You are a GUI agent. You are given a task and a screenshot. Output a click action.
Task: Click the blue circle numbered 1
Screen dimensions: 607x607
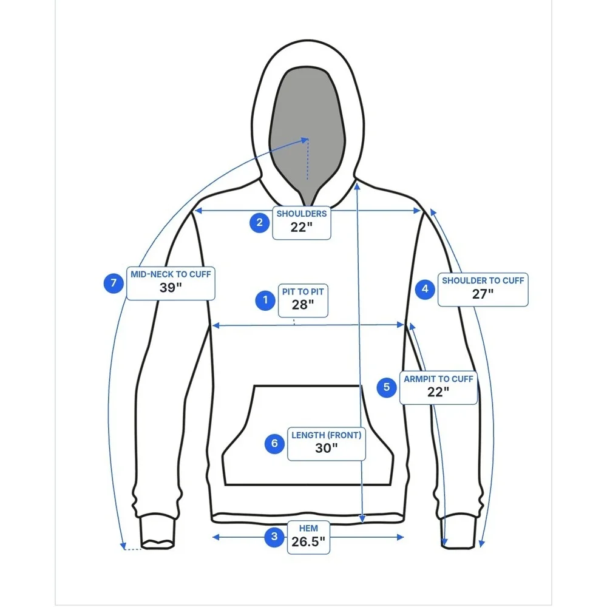(x=265, y=300)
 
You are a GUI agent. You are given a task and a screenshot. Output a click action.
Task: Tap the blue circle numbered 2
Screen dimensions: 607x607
(x=259, y=223)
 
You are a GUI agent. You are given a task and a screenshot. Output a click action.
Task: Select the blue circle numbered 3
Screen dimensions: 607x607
(x=274, y=537)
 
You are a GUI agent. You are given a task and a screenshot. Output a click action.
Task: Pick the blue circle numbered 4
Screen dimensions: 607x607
(x=425, y=289)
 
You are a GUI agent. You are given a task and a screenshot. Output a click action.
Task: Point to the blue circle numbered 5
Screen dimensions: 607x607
(x=386, y=387)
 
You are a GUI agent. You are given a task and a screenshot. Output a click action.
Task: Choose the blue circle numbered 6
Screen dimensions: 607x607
(x=274, y=443)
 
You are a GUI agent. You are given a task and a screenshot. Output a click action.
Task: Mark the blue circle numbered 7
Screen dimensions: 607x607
(x=114, y=283)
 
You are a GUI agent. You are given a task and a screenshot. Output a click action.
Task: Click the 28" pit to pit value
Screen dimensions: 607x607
(x=303, y=305)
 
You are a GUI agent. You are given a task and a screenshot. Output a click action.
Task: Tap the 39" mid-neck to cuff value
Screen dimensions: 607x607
(x=171, y=288)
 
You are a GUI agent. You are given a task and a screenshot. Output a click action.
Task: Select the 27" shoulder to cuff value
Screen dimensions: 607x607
(x=483, y=294)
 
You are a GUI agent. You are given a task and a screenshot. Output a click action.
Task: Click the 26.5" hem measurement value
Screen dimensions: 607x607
(x=308, y=541)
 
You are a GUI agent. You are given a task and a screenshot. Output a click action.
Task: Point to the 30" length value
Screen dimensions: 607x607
(x=327, y=448)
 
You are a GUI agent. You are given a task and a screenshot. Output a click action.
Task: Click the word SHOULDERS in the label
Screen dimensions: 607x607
(x=302, y=214)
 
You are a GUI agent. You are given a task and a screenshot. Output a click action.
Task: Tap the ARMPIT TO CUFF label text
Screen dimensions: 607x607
(x=438, y=379)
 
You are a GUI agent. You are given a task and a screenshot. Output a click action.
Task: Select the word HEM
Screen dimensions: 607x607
(x=308, y=529)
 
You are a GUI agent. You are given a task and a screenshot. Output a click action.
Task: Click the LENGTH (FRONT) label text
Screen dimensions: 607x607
(x=327, y=435)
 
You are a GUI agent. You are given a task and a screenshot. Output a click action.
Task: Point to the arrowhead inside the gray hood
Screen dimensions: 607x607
(x=305, y=140)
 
